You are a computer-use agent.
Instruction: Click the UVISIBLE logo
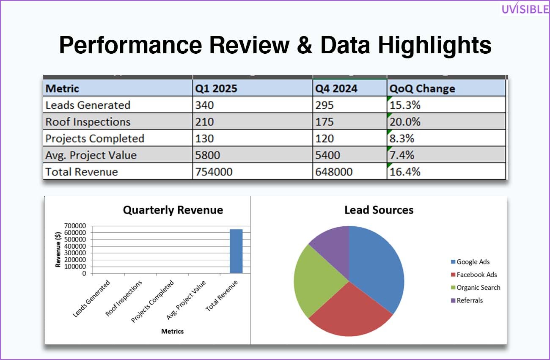[x=525, y=8]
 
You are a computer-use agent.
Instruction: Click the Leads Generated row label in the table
[x=88, y=105]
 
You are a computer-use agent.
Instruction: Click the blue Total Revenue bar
[x=236, y=251]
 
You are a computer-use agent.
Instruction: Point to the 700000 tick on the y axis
[x=75, y=225]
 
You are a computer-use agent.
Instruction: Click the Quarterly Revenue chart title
[x=173, y=210]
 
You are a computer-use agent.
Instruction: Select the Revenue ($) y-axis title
[x=58, y=250]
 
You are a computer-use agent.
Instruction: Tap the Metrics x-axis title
[x=172, y=331]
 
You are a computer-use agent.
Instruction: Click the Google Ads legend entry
[x=470, y=262]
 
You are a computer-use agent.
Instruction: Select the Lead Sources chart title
[x=379, y=210]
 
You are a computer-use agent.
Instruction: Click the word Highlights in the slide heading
[x=434, y=45]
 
